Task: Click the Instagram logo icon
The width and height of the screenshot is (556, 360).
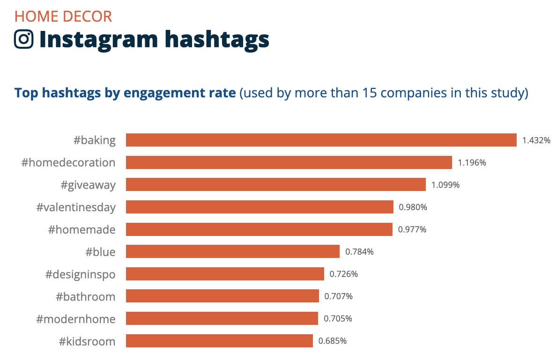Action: pyautogui.click(x=24, y=39)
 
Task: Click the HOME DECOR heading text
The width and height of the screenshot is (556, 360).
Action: pyautogui.click(x=63, y=16)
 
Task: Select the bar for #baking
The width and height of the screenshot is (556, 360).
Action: pyautogui.click(x=321, y=140)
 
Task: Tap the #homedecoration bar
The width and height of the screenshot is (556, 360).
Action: pyautogui.click(x=289, y=162)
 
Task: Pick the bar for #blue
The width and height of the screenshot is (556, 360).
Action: pyautogui.click(x=232, y=251)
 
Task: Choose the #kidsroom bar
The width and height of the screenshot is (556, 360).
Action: pyautogui.click(x=219, y=341)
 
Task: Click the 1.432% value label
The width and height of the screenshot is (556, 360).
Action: pyautogui.click(x=536, y=140)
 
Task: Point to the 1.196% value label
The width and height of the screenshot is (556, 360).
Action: pyautogui.click(x=472, y=162)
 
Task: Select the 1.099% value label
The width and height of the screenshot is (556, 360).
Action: pyautogui.click(x=445, y=185)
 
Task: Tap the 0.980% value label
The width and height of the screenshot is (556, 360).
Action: pyautogui.click(x=413, y=207)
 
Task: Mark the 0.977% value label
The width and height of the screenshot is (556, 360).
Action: pyautogui.click(x=412, y=229)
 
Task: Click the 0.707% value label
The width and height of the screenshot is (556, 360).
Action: pyautogui.click(x=339, y=296)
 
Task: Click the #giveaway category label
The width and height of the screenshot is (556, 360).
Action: pyautogui.click(x=88, y=185)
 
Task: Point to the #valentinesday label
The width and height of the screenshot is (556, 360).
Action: pyautogui.click(x=76, y=207)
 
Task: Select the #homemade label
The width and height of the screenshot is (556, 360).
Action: pyautogui.click(x=82, y=229)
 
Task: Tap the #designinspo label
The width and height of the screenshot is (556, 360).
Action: pyautogui.click(x=80, y=274)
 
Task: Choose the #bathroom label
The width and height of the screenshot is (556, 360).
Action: pyautogui.click(x=85, y=296)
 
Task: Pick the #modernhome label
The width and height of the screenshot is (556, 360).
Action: pyautogui.click(x=76, y=319)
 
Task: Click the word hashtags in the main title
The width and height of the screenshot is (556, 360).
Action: pyautogui.click(x=217, y=39)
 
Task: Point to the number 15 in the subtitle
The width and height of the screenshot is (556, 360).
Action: pyautogui.click(x=370, y=93)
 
